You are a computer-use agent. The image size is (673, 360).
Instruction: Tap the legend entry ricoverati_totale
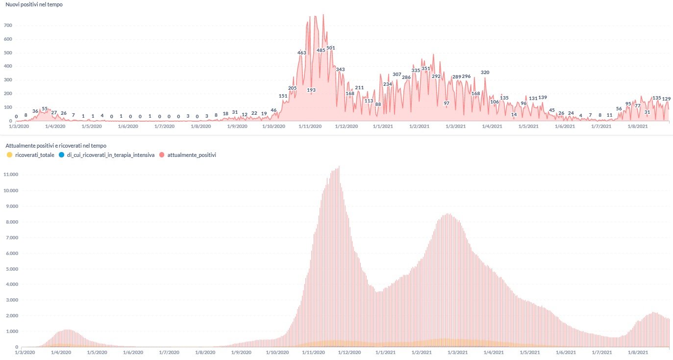[34, 155]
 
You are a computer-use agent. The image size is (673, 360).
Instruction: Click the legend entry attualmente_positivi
[191, 155]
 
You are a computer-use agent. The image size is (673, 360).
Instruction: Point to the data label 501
[330, 48]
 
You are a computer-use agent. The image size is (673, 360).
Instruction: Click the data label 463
[301, 52]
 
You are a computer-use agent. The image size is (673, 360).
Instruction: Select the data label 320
[485, 73]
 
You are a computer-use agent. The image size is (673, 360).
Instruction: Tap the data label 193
[311, 90]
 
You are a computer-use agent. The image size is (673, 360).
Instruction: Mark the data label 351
[425, 69]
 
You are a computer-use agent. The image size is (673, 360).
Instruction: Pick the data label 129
[666, 99]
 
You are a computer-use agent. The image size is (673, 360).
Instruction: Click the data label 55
[45, 109]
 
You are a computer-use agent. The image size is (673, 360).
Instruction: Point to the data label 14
[514, 115]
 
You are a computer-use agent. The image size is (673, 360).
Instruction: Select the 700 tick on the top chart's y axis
[8, 26]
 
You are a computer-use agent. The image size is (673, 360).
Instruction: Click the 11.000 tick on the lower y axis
[10, 175]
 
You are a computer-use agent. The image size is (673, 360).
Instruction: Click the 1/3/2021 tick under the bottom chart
[456, 353]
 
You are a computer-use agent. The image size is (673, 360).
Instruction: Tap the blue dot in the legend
[61, 155]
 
